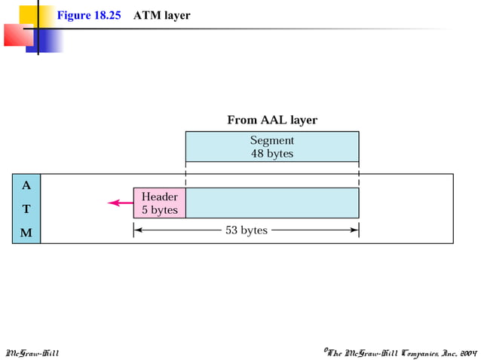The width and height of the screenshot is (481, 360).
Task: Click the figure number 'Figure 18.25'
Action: pyautogui.click(x=89, y=16)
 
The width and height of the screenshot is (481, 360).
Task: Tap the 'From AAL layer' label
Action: pyautogui.click(x=272, y=120)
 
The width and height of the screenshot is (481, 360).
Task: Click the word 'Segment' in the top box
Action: pyautogui.click(x=272, y=140)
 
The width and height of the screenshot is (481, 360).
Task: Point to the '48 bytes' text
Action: pyautogui.click(x=272, y=154)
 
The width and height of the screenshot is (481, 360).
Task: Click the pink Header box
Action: pyautogui.click(x=160, y=203)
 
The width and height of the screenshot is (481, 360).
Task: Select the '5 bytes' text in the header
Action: pyautogui.click(x=160, y=210)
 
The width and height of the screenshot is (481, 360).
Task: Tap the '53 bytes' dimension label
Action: pyautogui.click(x=247, y=230)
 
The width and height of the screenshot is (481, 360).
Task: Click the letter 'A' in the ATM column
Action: pyautogui.click(x=26, y=185)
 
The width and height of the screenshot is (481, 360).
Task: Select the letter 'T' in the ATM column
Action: pyautogui.click(x=26, y=209)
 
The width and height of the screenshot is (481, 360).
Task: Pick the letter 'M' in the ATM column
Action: pyautogui.click(x=26, y=233)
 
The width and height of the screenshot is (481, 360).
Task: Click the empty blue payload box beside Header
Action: pyautogui.click(x=272, y=203)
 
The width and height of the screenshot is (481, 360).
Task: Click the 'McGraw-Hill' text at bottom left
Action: pyautogui.click(x=32, y=352)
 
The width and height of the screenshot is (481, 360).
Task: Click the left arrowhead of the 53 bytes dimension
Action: pyautogui.click(x=136, y=230)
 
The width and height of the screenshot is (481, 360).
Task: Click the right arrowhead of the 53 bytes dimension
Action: pyautogui.click(x=355, y=230)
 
